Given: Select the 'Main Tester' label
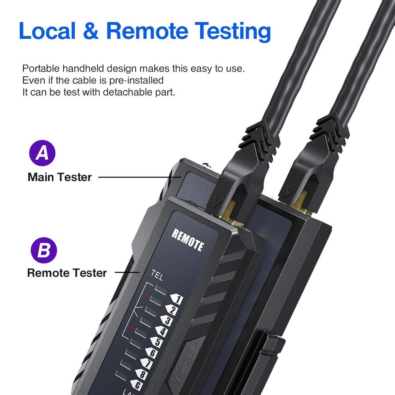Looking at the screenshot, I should pos(60,177).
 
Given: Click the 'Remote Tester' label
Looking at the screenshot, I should pos(67,273).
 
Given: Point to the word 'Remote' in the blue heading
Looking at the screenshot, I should pos(147,31).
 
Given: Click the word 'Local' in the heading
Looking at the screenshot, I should pos(48,31).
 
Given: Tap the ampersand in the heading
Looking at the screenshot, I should pos(91,32).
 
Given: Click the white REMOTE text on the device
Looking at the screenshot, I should pos(188,240).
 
